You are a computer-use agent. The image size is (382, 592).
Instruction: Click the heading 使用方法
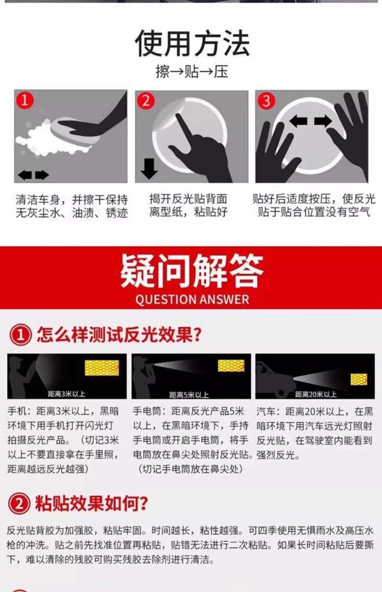click(192, 43)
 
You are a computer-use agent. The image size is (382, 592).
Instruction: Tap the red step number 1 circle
click(25, 101)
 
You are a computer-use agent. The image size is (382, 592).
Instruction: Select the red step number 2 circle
click(146, 101)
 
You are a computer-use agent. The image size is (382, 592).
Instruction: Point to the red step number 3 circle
click(266, 101)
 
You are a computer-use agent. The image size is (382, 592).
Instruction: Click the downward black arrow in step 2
click(149, 169)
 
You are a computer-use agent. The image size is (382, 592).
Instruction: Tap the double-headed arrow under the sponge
click(33, 175)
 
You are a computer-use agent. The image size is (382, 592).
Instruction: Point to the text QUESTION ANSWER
click(192, 300)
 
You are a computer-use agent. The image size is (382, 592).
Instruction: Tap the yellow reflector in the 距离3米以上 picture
click(102, 368)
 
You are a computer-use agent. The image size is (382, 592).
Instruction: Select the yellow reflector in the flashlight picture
click(231, 366)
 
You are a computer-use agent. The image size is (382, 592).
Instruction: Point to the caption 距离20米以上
click(316, 394)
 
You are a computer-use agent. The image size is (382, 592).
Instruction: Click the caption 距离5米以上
click(189, 395)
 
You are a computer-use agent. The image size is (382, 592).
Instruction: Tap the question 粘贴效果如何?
click(91, 504)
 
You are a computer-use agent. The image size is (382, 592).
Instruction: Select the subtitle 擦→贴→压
click(192, 72)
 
